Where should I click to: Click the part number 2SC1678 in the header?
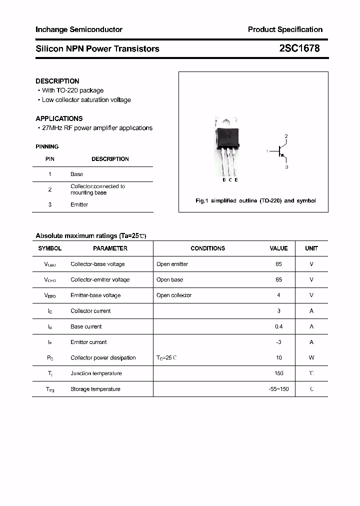click(299, 48)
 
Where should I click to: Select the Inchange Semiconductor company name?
click(79, 29)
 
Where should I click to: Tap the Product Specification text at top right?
click(285, 29)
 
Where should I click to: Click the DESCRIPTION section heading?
click(57, 81)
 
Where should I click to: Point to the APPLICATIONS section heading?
click(59, 118)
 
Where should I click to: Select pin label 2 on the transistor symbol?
click(286, 136)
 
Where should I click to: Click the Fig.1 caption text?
click(255, 200)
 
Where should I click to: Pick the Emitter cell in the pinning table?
click(79, 204)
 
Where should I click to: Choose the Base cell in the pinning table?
click(76, 174)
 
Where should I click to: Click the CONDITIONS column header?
click(207, 248)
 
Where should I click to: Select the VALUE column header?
click(278, 248)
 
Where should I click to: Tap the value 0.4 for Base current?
click(278, 326)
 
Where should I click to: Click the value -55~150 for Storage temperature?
click(278, 389)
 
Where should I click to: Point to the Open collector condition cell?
click(173, 295)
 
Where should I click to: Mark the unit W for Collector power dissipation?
click(311, 357)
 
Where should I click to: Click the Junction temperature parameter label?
click(95, 373)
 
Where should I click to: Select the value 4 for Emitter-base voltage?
click(278, 295)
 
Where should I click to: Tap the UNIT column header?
click(311, 248)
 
